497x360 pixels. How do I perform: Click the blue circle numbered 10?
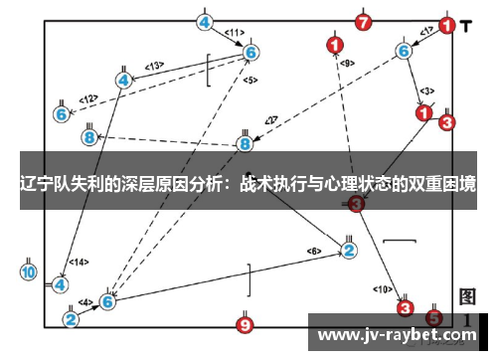coord(28,271)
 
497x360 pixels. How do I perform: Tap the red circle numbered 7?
coord(364,21)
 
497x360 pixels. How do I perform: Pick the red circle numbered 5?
coord(433,318)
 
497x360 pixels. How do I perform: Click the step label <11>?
coord(236,32)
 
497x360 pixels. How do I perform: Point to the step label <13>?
coord(154,66)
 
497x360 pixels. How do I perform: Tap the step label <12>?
coord(88,98)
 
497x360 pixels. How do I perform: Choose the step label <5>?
coord(249,80)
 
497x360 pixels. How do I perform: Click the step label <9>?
coord(347,63)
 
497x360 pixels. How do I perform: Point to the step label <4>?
coord(85,301)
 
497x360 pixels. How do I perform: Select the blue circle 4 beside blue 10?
coord(61,284)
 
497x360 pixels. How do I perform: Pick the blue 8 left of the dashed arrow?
coord(89,136)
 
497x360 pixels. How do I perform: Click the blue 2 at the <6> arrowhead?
coord(349,250)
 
